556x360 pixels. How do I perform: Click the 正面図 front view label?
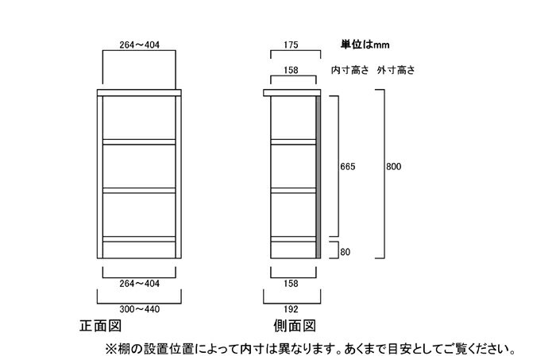[x=101, y=326]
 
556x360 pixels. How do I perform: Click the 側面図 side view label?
[x=295, y=326]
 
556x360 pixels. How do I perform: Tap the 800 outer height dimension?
[x=394, y=166]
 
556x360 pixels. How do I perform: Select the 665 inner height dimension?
[x=348, y=166]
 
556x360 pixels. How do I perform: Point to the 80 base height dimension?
[x=345, y=252]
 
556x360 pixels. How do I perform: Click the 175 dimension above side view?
[x=291, y=45]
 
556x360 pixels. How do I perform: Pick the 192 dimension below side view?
[x=291, y=309]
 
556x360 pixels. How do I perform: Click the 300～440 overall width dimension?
[x=139, y=309]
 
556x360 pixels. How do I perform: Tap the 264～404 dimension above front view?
[x=139, y=45]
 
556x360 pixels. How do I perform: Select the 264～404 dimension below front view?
[x=139, y=284]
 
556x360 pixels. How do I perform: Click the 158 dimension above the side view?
[x=291, y=70]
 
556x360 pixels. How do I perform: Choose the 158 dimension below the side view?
[x=291, y=284]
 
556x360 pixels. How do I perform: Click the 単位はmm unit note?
[x=365, y=45]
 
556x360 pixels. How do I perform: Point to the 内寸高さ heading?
[x=350, y=70]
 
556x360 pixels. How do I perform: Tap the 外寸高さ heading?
[x=396, y=70]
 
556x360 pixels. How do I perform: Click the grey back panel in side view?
[x=318, y=177]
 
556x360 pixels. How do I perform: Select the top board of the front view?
[x=139, y=92]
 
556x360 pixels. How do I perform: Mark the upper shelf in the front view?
[x=139, y=142]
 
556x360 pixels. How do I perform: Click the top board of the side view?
[x=292, y=92]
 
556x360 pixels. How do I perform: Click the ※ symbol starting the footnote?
[x=111, y=349]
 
